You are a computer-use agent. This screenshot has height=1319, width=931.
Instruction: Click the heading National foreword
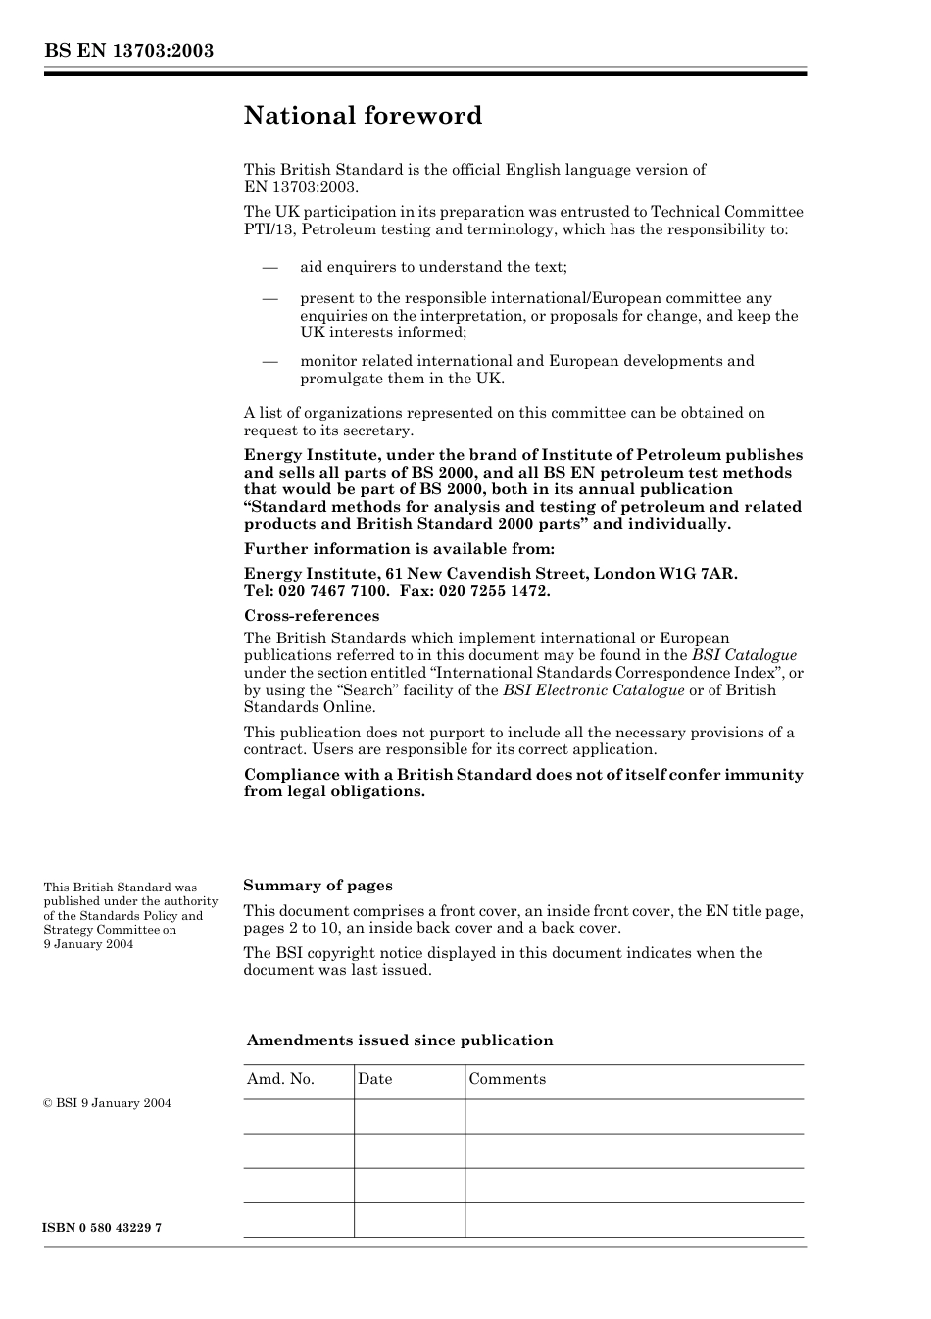tap(363, 116)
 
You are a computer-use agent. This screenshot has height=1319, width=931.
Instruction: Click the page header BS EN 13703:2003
tap(128, 51)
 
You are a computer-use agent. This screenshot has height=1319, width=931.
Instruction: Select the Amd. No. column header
tap(280, 1079)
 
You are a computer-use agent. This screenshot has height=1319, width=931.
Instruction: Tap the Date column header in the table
tap(374, 1079)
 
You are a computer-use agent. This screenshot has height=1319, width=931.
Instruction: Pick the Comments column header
tap(507, 1079)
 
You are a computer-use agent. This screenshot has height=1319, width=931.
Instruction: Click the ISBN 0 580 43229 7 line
tap(103, 1228)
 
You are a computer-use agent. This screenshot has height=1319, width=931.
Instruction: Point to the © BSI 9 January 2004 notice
tap(107, 1103)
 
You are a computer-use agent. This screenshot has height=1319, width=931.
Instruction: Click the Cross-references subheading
tap(311, 616)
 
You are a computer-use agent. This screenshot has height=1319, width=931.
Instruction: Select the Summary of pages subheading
tap(318, 886)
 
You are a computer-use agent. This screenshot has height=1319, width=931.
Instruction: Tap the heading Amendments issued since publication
tap(399, 1040)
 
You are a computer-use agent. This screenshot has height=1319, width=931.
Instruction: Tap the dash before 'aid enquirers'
tap(269, 267)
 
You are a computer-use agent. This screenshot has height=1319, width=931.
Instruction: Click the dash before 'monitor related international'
tap(269, 361)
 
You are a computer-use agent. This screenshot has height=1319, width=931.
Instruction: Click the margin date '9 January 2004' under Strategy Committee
tap(88, 944)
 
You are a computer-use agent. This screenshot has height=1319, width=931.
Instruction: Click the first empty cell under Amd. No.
tap(298, 1116)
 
